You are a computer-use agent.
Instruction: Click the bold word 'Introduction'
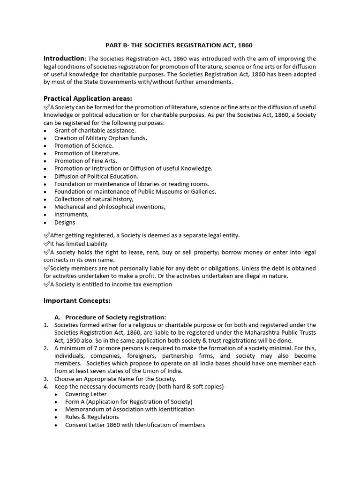pos(64,59)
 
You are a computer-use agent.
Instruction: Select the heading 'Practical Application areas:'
pos(88,98)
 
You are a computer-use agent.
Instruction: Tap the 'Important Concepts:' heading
pos(77,300)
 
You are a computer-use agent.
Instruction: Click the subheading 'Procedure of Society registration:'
pos(115,317)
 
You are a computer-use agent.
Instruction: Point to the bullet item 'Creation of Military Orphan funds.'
pos(100,138)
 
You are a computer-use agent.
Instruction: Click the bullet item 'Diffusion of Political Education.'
pos(96,176)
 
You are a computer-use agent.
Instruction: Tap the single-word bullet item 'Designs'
pos(65,222)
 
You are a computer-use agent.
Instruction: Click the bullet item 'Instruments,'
pos(71,214)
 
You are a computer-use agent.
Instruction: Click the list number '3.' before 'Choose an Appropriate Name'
pos(46,379)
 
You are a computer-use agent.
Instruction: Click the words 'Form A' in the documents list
pos(75,402)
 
